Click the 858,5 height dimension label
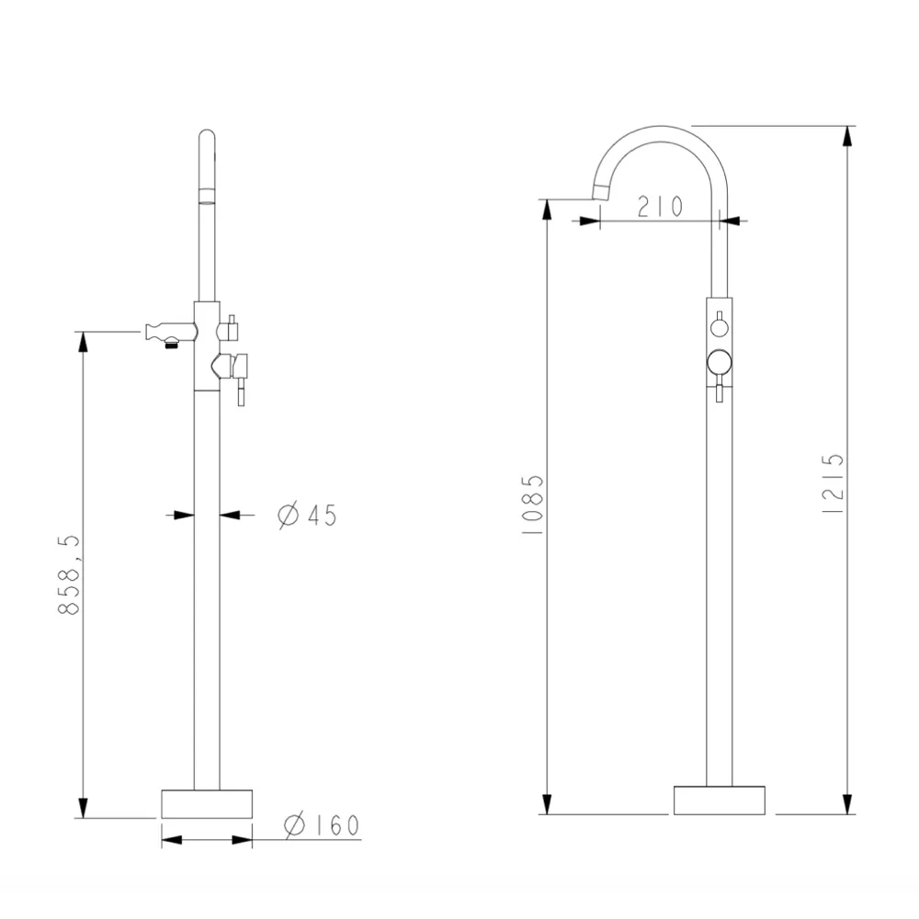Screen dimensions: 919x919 click(x=69, y=574)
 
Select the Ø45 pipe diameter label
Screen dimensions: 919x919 click(x=307, y=516)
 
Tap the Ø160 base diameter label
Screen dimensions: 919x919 click(x=321, y=824)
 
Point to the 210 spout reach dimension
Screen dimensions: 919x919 click(x=660, y=206)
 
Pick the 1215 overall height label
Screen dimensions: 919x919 click(x=833, y=484)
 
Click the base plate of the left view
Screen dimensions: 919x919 click(x=207, y=804)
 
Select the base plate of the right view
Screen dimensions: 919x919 click(x=720, y=800)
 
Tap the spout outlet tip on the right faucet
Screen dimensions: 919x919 click(x=601, y=192)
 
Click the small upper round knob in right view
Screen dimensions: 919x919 click(x=720, y=327)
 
